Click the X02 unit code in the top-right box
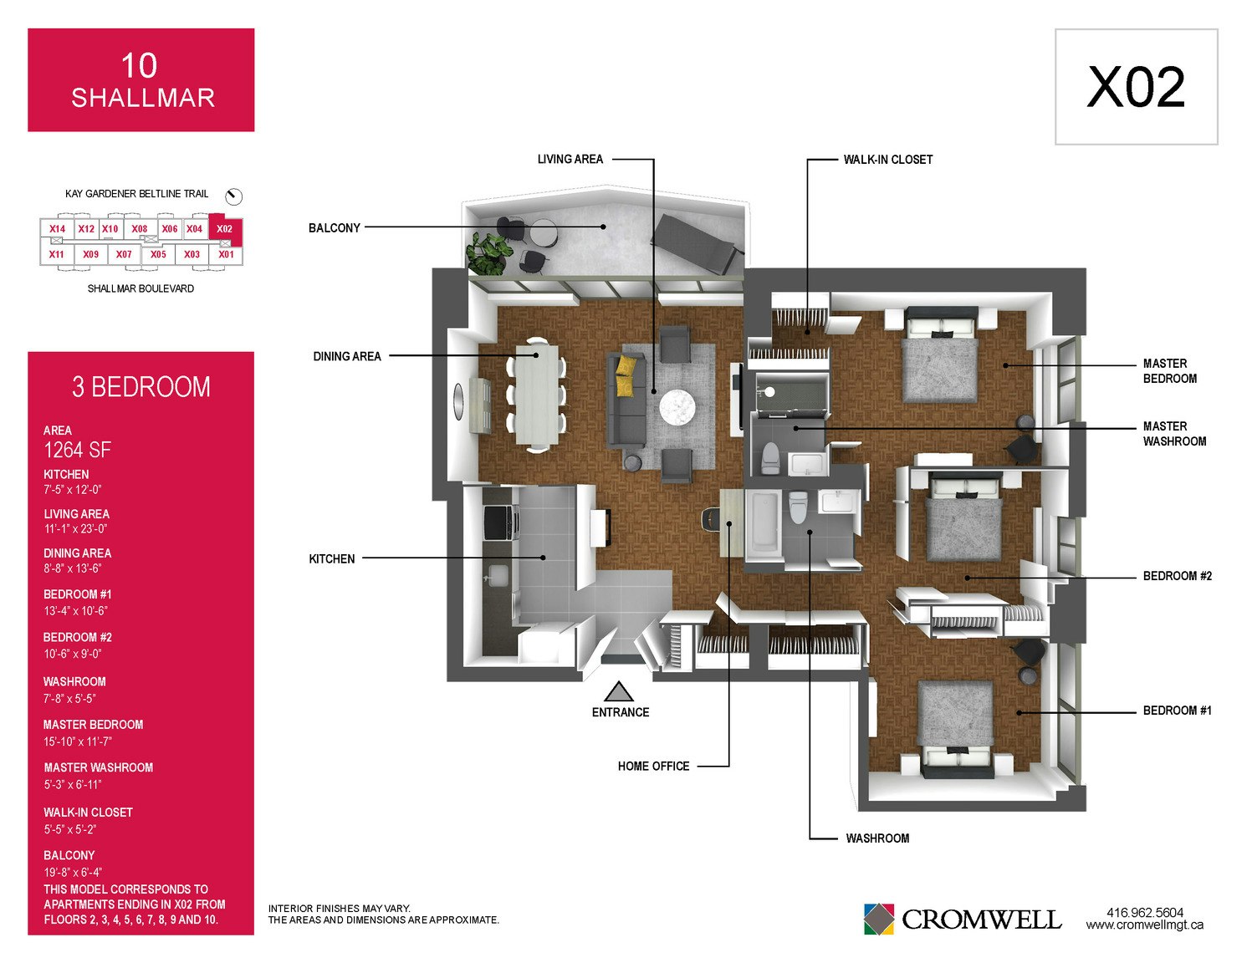[x=1136, y=87]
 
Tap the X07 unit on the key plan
[x=124, y=254]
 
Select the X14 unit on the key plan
[x=57, y=228]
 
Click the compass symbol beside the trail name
[x=233, y=196]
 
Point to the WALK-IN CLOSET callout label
[x=887, y=160]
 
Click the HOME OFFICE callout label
[x=653, y=766]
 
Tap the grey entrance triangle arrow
[x=619, y=691]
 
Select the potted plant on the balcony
[x=487, y=253]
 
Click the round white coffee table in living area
[x=677, y=408]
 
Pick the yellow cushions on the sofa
[x=626, y=374]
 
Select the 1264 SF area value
[x=77, y=451]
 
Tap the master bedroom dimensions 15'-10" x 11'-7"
[x=78, y=741]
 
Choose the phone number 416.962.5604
[x=1145, y=912]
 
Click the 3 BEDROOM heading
[x=141, y=387]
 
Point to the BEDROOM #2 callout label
[x=1177, y=576]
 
